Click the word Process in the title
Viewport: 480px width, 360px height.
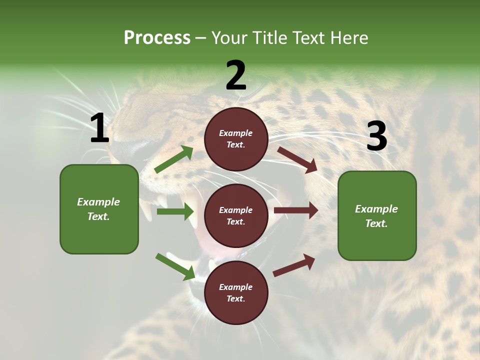click(157, 38)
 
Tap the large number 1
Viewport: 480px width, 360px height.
click(99, 128)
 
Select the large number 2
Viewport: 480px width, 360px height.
click(236, 75)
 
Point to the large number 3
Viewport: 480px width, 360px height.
click(376, 136)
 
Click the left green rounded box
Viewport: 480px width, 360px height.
click(99, 209)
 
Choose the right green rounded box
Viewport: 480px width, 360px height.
click(377, 216)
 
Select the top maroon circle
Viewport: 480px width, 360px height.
click(236, 139)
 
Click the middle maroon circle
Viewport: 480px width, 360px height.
click(236, 216)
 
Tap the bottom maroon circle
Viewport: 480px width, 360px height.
click(236, 293)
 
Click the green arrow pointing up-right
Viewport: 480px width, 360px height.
click(174, 159)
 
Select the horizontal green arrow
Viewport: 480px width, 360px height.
click(176, 211)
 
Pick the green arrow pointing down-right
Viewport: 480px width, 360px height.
click(175, 266)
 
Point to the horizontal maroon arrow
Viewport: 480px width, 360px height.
click(296, 210)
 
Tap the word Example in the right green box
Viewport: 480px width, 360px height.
click(376, 209)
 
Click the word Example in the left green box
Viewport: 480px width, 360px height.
click(98, 202)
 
